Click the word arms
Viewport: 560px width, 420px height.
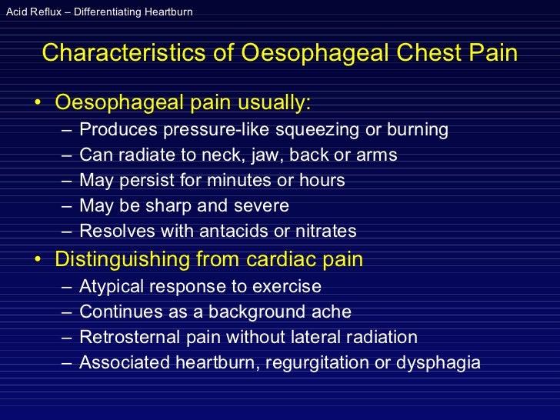click(375, 155)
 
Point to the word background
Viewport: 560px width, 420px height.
click(261, 312)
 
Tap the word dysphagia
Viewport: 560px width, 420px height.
click(441, 362)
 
